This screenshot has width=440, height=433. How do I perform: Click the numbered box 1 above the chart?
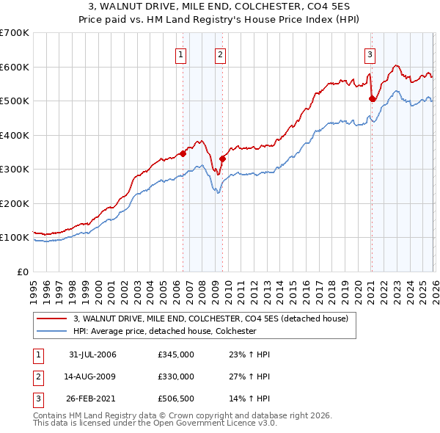pos(180,54)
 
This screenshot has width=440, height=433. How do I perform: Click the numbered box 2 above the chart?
pos(220,54)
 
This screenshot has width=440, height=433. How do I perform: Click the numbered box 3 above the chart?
pos(370,54)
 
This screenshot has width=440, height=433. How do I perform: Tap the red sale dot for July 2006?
pos(183,154)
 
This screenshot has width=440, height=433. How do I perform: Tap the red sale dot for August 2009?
pos(222,159)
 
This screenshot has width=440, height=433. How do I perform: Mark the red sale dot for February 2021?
pos(372,99)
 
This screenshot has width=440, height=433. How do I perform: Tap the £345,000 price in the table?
pos(175,354)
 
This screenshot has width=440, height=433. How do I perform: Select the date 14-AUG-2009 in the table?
pos(92,376)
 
